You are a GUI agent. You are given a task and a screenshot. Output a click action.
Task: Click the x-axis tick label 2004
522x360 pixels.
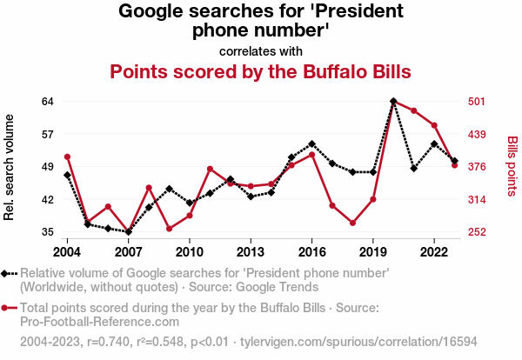click(x=67, y=252)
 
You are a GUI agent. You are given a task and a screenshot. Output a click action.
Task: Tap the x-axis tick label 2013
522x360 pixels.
click(x=251, y=252)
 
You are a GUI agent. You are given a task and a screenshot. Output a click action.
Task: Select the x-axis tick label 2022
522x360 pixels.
click(x=434, y=252)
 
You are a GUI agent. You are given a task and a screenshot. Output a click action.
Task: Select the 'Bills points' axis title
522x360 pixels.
click(x=512, y=166)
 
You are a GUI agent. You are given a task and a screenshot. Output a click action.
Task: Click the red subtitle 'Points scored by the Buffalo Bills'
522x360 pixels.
click(x=260, y=70)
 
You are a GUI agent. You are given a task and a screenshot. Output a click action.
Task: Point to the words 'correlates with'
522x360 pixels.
click(x=260, y=50)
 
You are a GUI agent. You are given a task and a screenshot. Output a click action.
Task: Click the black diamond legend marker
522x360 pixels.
click(x=9, y=273)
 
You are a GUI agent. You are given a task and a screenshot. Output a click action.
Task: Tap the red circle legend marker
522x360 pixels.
click(x=9, y=308)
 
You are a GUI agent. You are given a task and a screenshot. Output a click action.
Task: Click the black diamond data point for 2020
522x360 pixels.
click(x=393, y=101)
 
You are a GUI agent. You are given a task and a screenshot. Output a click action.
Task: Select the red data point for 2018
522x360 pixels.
click(x=352, y=223)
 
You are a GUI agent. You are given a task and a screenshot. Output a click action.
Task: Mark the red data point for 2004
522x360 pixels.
click(x=67, y=157)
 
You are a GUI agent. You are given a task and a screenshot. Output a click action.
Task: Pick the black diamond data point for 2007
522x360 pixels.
click(x=128, y=232)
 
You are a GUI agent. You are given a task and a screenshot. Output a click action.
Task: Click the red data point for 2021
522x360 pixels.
click(x=414, y=110)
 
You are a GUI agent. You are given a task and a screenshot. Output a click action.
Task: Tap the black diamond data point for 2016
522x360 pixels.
click(x=311, y=143)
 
